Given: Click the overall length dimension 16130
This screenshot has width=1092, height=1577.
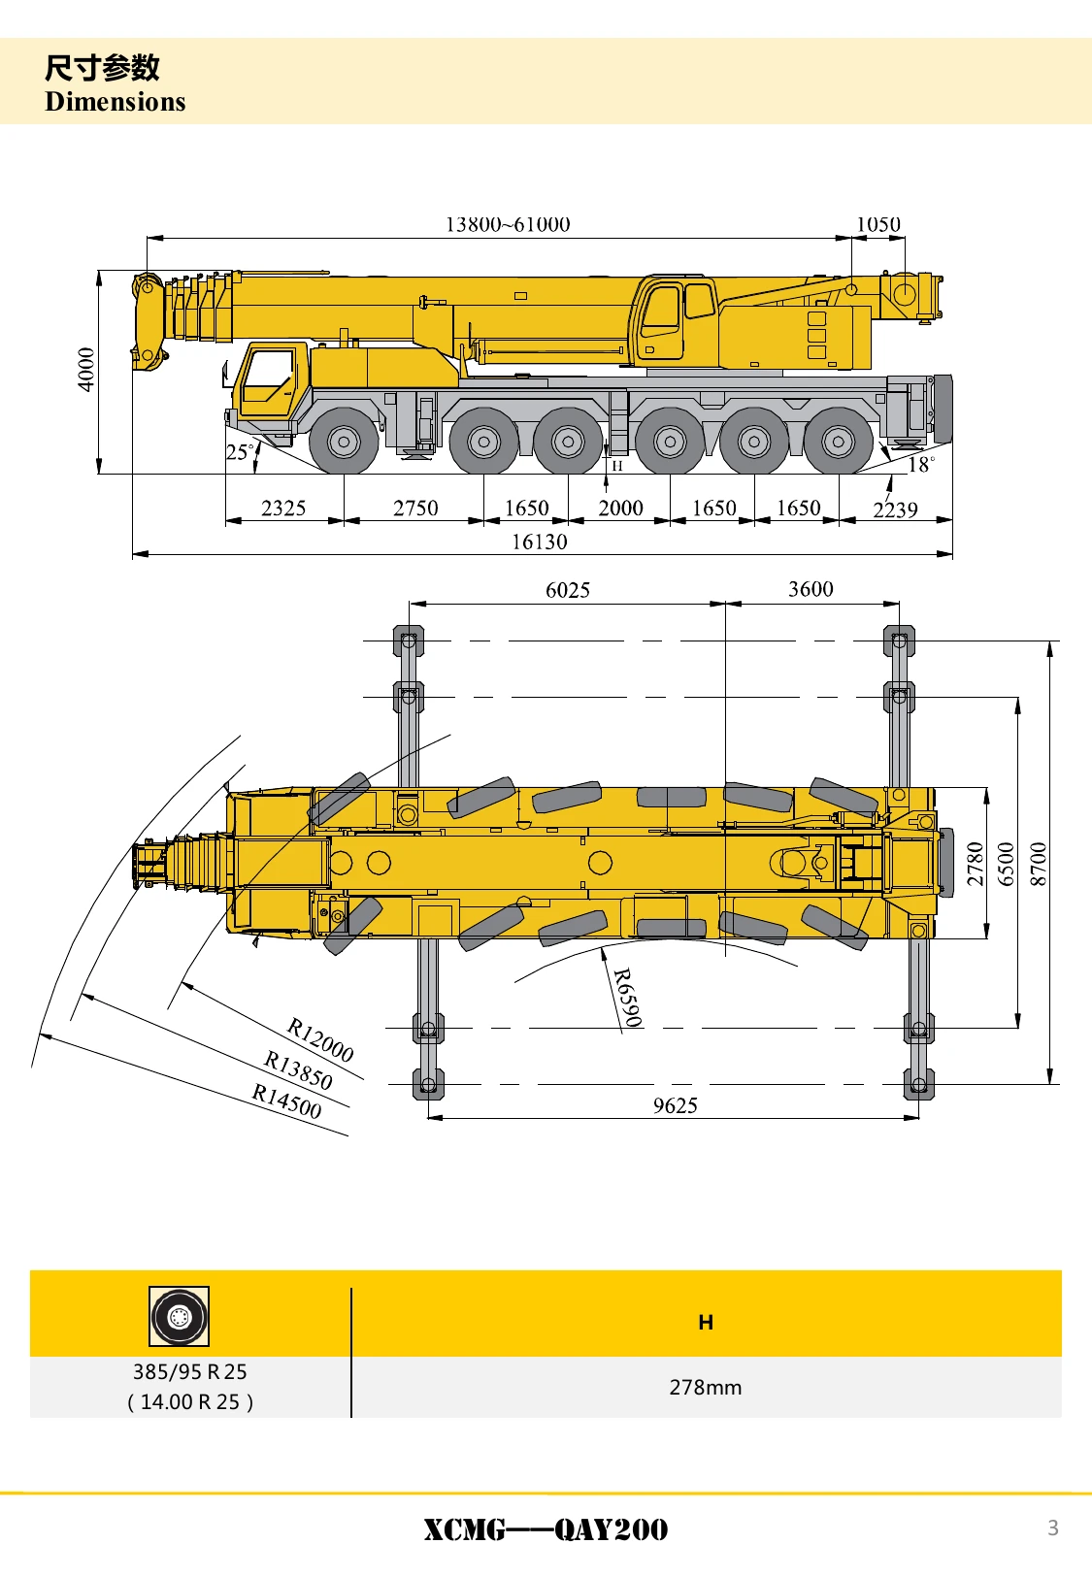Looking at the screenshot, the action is tap(540, 542).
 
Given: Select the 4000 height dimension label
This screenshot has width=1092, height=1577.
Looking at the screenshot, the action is tap(85, 369).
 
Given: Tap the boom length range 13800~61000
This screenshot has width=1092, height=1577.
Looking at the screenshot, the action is tap(508, 224).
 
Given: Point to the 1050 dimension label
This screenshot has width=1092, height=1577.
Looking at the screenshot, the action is tap(877, 224).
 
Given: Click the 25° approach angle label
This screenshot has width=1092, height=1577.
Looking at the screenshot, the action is tap(240, 452).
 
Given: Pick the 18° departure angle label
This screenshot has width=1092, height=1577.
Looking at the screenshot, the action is tap(921, 465).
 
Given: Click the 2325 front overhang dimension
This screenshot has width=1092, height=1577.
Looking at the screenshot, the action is tap(283, 508).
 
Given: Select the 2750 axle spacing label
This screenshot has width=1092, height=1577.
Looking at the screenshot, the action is tap(415, 508).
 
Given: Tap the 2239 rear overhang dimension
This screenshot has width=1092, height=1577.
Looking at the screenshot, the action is tap(895, 509).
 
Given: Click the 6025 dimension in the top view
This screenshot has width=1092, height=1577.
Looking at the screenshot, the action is tap(568, 590).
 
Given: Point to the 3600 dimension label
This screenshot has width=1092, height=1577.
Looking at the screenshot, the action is tap(811, 588).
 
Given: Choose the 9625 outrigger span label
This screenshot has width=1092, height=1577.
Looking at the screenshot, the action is tap(675, 1105).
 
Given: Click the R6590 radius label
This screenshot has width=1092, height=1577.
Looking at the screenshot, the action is tap(627, 998).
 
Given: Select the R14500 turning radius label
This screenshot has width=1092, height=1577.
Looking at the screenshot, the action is tap(286, 1101).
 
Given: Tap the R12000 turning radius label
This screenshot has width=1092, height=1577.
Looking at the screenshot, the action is tap(320, 1039).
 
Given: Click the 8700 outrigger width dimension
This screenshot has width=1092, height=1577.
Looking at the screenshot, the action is tap(1038, 863).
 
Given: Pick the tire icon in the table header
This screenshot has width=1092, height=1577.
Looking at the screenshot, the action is tap(179, 1316).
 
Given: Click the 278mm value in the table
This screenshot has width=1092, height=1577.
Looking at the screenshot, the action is tap(706, 1387).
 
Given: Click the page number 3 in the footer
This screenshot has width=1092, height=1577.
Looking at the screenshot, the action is tap(1052, 1528).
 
